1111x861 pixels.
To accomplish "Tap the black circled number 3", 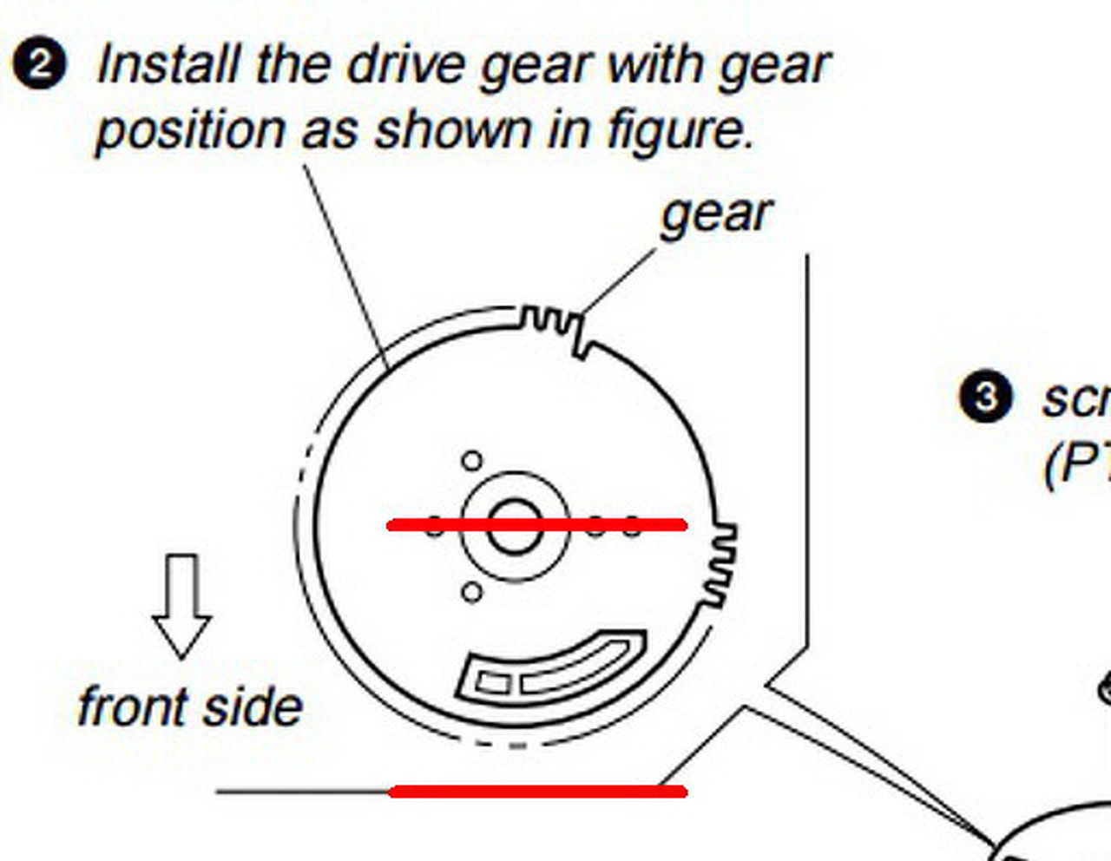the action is [985, 398].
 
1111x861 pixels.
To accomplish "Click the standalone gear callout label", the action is [715, 214].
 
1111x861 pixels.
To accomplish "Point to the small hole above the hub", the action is [471, 460].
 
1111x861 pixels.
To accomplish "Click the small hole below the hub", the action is [471, 593].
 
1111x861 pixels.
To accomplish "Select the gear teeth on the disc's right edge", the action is [720, 564].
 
